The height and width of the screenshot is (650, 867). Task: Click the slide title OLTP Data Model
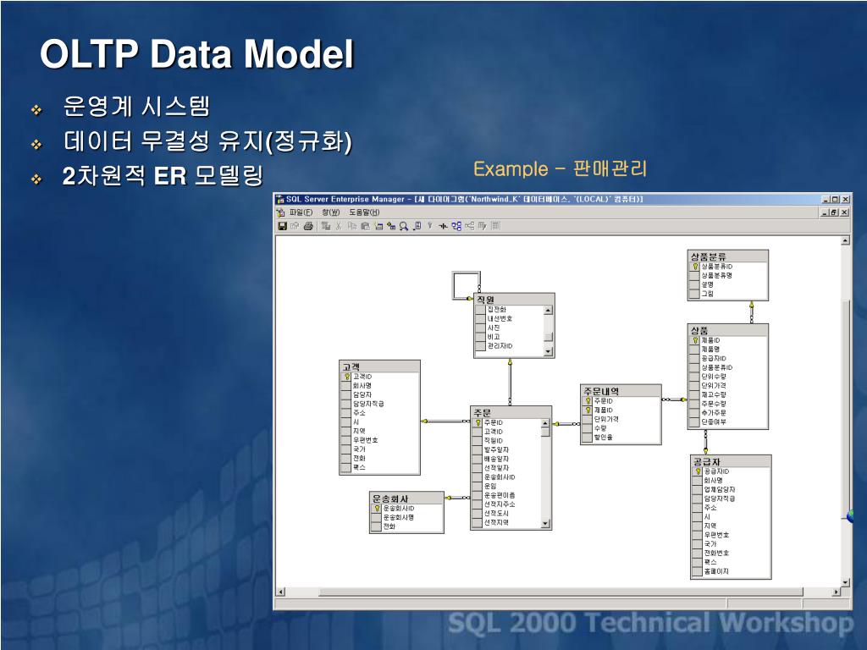point(196,56)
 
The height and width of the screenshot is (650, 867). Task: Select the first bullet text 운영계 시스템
point(135,107)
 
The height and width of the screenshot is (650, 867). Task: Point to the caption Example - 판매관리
point(560,168)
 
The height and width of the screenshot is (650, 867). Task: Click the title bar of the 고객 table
point(378,366)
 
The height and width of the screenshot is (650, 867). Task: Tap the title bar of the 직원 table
point(514,300)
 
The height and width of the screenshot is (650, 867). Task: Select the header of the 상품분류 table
point(728,256)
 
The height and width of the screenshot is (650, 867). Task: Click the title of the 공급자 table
point(731,461)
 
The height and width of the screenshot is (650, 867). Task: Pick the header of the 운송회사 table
point(406,499)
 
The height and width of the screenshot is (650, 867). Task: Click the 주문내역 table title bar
point(621,391)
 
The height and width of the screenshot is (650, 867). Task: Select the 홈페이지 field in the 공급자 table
point(716,571)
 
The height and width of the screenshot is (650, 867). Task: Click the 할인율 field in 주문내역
point(604,438)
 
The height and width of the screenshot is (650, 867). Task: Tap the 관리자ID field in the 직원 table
point(500,346)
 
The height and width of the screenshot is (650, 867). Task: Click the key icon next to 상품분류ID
point(695,267)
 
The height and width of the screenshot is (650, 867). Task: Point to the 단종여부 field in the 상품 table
point(714,421)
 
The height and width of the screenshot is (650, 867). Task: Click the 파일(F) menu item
point(301,212)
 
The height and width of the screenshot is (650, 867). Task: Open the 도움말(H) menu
point(365,212)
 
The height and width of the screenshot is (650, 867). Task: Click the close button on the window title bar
point(845,200)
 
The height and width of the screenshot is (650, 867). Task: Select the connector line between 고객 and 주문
point(445,421)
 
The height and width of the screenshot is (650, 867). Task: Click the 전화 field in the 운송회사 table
point(390,526)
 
